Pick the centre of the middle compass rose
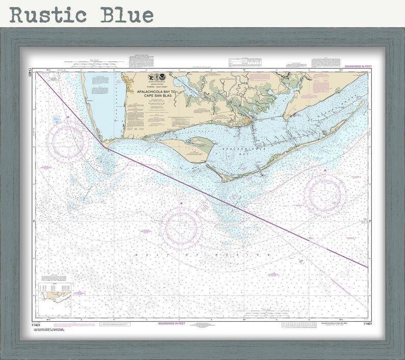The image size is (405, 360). tap(182, 228)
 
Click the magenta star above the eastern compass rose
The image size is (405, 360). tap(325, 170)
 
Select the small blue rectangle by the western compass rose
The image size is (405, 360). tap(56, 119)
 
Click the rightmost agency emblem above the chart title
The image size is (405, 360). tap(162, 76)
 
